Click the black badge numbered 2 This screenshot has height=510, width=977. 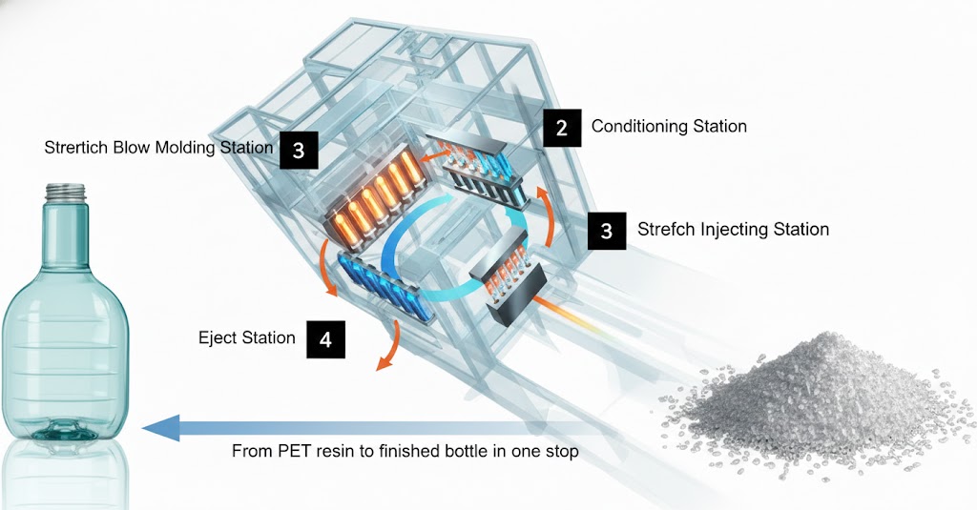coord(562,128)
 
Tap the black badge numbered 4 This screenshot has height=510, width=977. coord(325,340)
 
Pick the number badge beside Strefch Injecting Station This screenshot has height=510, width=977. coord(607,230)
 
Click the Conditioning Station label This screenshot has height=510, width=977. coord(669,126)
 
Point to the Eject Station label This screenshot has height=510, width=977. coord(246,337)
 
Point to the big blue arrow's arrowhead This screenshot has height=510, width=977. coord(158,429)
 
